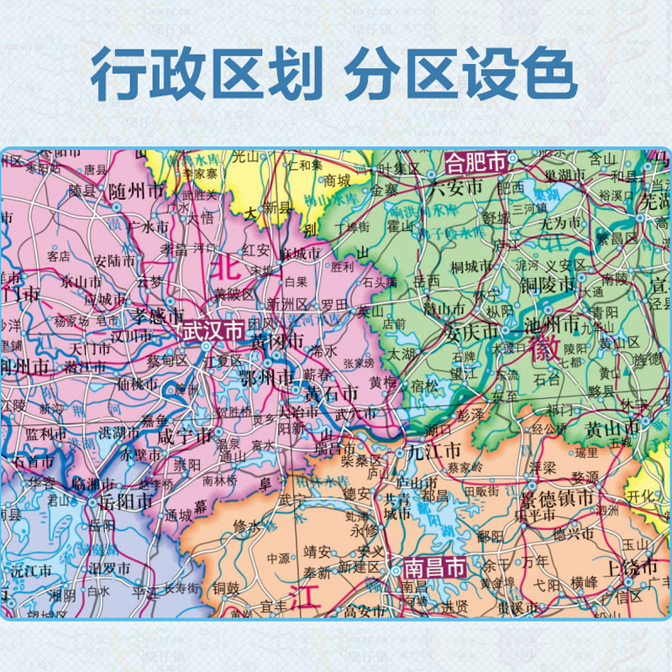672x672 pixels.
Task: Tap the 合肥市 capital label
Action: tap(477, 160)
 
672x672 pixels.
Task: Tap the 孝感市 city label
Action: tap(154, 315)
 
